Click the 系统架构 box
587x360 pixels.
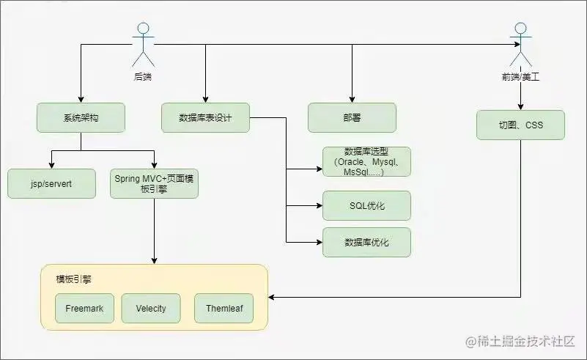[81, 117]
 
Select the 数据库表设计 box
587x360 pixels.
[205, 117]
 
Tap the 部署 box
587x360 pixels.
[352, 117]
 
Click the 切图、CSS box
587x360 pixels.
[520, 125]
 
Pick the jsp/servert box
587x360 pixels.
[51, 183]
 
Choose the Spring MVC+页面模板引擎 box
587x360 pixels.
[154, 183]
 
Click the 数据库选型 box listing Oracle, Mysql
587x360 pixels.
[366, 161]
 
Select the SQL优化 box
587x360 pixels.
[366, 205]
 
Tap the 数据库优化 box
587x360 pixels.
[366, 242]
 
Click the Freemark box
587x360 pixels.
[84, 309]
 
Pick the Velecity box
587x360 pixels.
[150, 309]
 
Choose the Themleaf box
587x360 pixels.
[224, 309]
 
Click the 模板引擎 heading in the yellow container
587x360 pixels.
[73, 279]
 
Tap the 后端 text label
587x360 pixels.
[143, 76]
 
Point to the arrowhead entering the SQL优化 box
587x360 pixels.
[319, 205]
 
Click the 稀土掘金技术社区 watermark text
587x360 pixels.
[522, 342]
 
